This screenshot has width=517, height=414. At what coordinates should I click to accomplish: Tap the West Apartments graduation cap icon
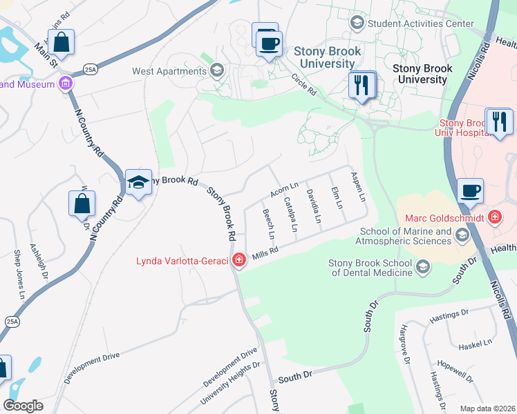tap(217, 70)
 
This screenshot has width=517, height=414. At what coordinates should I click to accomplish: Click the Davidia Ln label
tap(314, 206)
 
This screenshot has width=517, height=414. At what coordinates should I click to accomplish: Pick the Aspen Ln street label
tap(357, 187)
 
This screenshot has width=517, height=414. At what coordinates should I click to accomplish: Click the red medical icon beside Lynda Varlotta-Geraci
tap(238, 260)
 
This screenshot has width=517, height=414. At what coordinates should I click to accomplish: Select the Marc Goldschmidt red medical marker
tap(494, 218)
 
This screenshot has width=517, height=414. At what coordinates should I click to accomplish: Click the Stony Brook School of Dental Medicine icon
tap(423, 266)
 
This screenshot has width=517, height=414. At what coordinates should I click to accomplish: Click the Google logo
tap(23, 406)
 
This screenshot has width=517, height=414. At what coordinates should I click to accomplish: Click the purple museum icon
tap(66, 84)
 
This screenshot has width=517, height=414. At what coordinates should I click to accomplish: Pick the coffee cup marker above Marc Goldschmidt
tap(470, 190)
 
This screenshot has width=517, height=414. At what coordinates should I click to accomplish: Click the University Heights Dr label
tap(229, 385)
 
